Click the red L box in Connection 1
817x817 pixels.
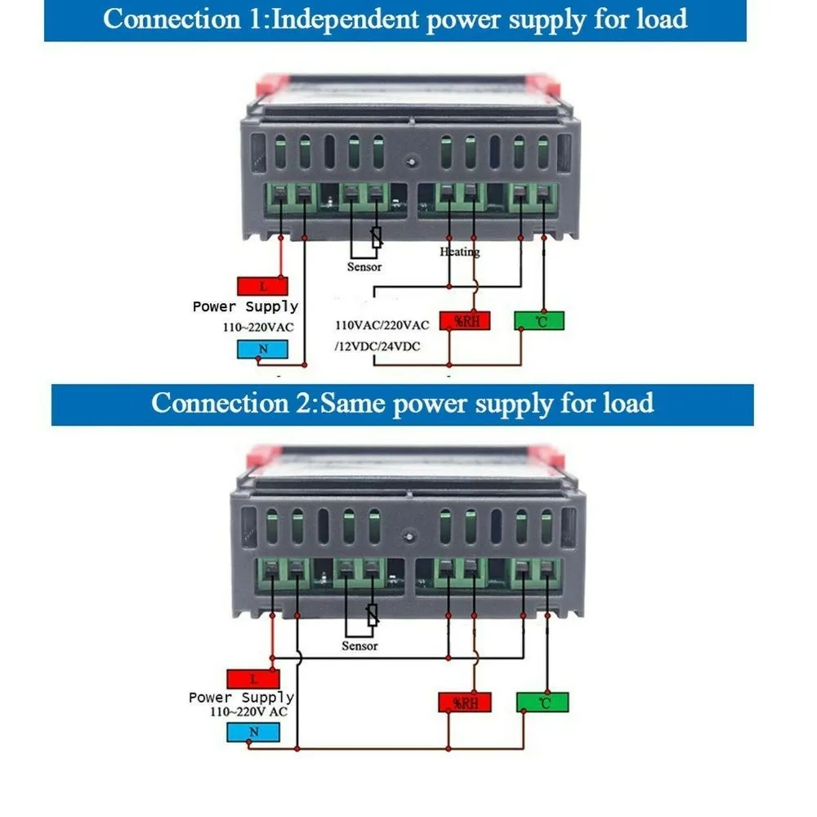[262, 286]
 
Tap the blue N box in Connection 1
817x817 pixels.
[262, 349]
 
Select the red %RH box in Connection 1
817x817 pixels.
[465, 321]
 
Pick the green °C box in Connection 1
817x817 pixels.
[539, 321]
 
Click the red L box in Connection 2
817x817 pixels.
[253, 679]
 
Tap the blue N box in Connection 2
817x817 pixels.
[253, 732]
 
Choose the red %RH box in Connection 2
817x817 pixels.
[465, 703]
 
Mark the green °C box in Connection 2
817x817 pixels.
[542, 703]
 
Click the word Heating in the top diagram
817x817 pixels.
[459, 252]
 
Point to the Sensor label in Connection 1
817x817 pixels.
[364, 267]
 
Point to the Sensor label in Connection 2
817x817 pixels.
[359, 646]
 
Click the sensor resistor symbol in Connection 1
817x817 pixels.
[376, 237]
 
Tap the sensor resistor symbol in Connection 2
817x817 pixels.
[372, 615]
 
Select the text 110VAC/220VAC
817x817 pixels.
[382, 325]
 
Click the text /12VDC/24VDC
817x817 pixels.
[377, 346]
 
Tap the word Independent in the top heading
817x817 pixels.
[346, 20]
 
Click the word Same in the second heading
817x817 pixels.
[351, 404]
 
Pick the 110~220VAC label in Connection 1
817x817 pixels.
[258, 328]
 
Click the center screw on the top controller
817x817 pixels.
[412, 162]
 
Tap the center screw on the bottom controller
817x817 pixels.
[409, 536]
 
